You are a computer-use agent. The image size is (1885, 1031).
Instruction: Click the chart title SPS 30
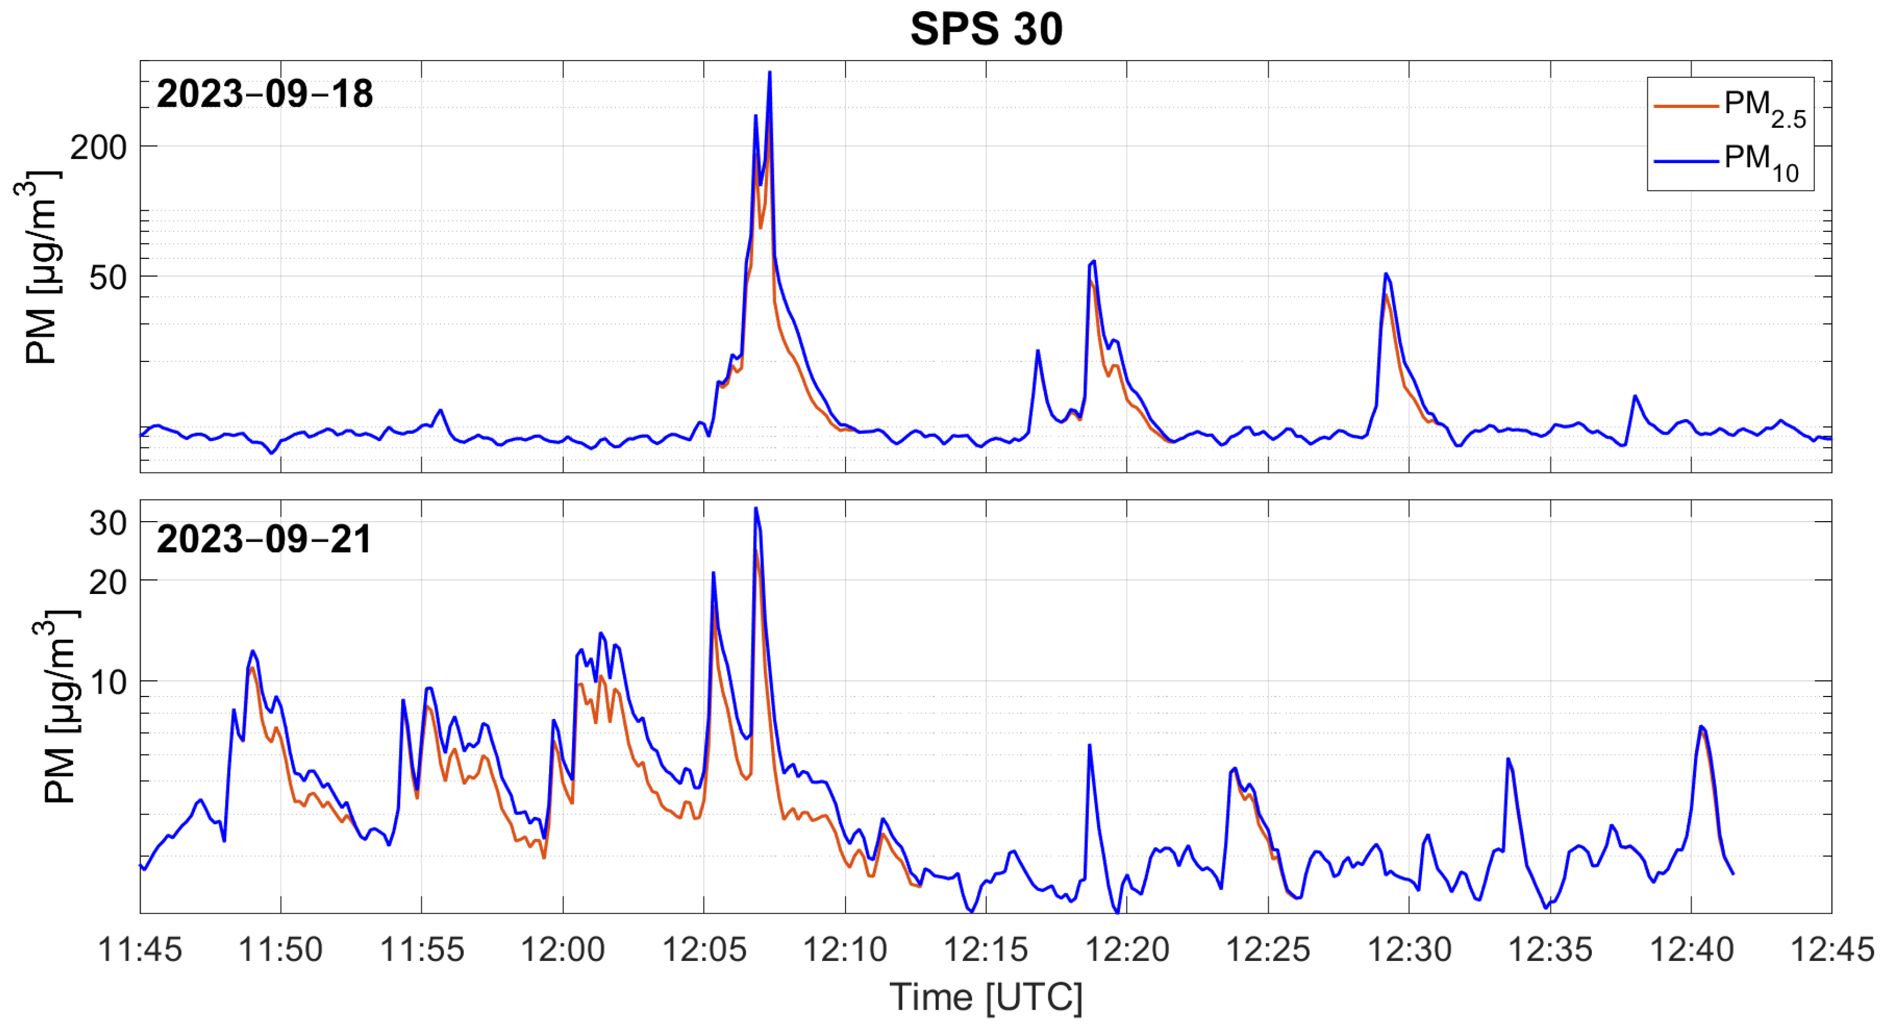point(986,29)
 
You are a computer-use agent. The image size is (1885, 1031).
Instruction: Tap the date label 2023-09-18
point(265,94)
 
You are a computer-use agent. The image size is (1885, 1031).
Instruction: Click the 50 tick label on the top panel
point(108,277)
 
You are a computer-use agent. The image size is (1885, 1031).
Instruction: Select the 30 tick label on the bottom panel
point(108,523)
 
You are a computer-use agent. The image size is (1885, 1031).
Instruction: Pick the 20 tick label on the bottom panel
point(108,582)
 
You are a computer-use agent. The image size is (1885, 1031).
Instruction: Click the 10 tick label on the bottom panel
point(108,682)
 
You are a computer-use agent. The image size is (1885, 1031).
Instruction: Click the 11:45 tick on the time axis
point(140,950)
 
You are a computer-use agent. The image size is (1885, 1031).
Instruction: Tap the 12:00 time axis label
point(563,950)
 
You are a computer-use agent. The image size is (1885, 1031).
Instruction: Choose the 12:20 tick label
point(1127,950)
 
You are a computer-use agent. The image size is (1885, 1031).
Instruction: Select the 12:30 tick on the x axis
point(1409,950)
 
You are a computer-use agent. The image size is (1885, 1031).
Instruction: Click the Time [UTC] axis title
point(986,997)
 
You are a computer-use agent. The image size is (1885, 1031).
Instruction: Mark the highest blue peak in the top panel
point(769,72)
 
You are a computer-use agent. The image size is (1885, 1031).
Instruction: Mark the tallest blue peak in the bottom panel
point(756,509)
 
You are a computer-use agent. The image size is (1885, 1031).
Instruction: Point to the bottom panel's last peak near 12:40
point(1701,727)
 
